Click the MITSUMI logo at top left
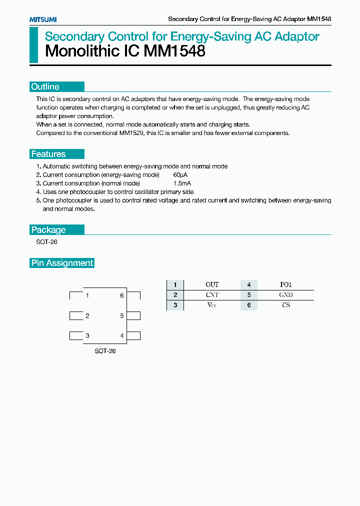(43, 19)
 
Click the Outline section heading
(45, 86)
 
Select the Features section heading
(48, 154)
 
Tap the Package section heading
(48, 230)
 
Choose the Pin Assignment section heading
(62, 263)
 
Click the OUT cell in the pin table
(212, 284)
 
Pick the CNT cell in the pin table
(212, 295)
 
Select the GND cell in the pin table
(285, 295)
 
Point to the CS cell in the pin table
(285, 305)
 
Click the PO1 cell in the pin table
(285, 284)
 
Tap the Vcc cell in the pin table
(212, 305)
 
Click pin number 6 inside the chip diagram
(122, 295)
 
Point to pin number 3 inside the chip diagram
(87, 336)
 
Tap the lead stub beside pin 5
(133, 315)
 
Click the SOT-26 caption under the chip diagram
(105, 351)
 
